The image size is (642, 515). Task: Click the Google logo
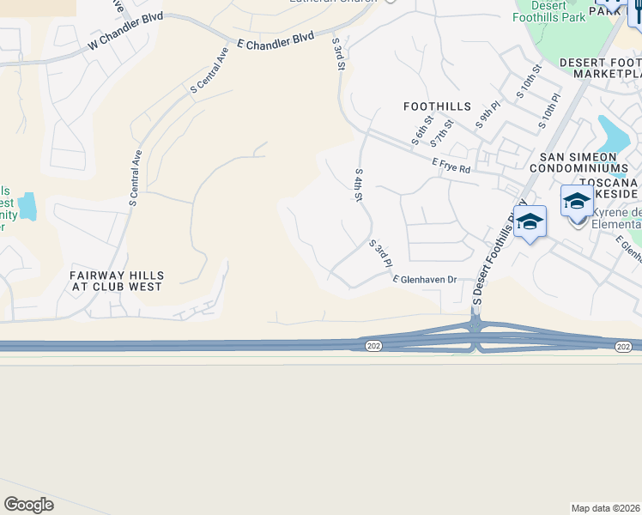29,505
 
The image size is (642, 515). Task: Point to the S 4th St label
359,185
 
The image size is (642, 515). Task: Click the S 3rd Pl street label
380,252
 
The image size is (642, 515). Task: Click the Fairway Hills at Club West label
116,281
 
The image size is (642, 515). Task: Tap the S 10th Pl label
549,112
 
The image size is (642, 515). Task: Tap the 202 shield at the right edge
623,346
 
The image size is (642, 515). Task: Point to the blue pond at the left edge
28,206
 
